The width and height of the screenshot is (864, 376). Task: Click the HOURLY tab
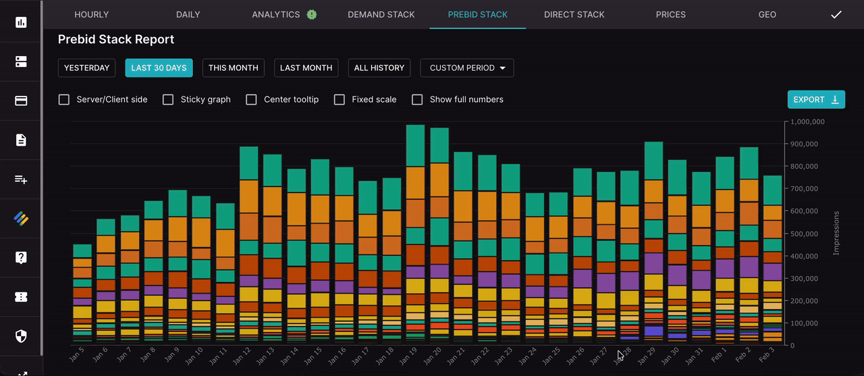click(x=91, y=14)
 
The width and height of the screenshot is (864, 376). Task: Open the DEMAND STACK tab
click(x=381, y=14)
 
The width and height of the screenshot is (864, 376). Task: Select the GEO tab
click(x=767, y=14)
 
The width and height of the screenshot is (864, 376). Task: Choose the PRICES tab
click(x=670, y=14)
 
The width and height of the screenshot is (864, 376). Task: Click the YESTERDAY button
click(x=86, y=68)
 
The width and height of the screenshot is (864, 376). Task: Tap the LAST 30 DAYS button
click(x=159, y=68)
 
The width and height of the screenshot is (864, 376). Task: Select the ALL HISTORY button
click(x=379, y=68)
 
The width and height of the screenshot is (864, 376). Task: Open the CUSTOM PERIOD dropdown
click(x=466, y=68)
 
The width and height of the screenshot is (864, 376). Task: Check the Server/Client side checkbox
click(x=64, y=99)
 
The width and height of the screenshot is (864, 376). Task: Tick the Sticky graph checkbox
click(x=168, y=99)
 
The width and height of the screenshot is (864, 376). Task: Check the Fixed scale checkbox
click(x=340, y=99)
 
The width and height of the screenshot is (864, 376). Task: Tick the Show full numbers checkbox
click(x=417, y=99)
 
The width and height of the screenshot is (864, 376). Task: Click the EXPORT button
click(x=815, y=99)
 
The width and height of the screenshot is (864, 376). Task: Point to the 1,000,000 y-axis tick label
click(x=813, y=122)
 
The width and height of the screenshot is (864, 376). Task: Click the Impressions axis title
click(x=836, y=234)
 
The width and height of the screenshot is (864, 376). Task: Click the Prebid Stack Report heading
click(x=116, y=39)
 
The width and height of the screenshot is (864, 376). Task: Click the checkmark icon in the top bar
click(x=836, y=14)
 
